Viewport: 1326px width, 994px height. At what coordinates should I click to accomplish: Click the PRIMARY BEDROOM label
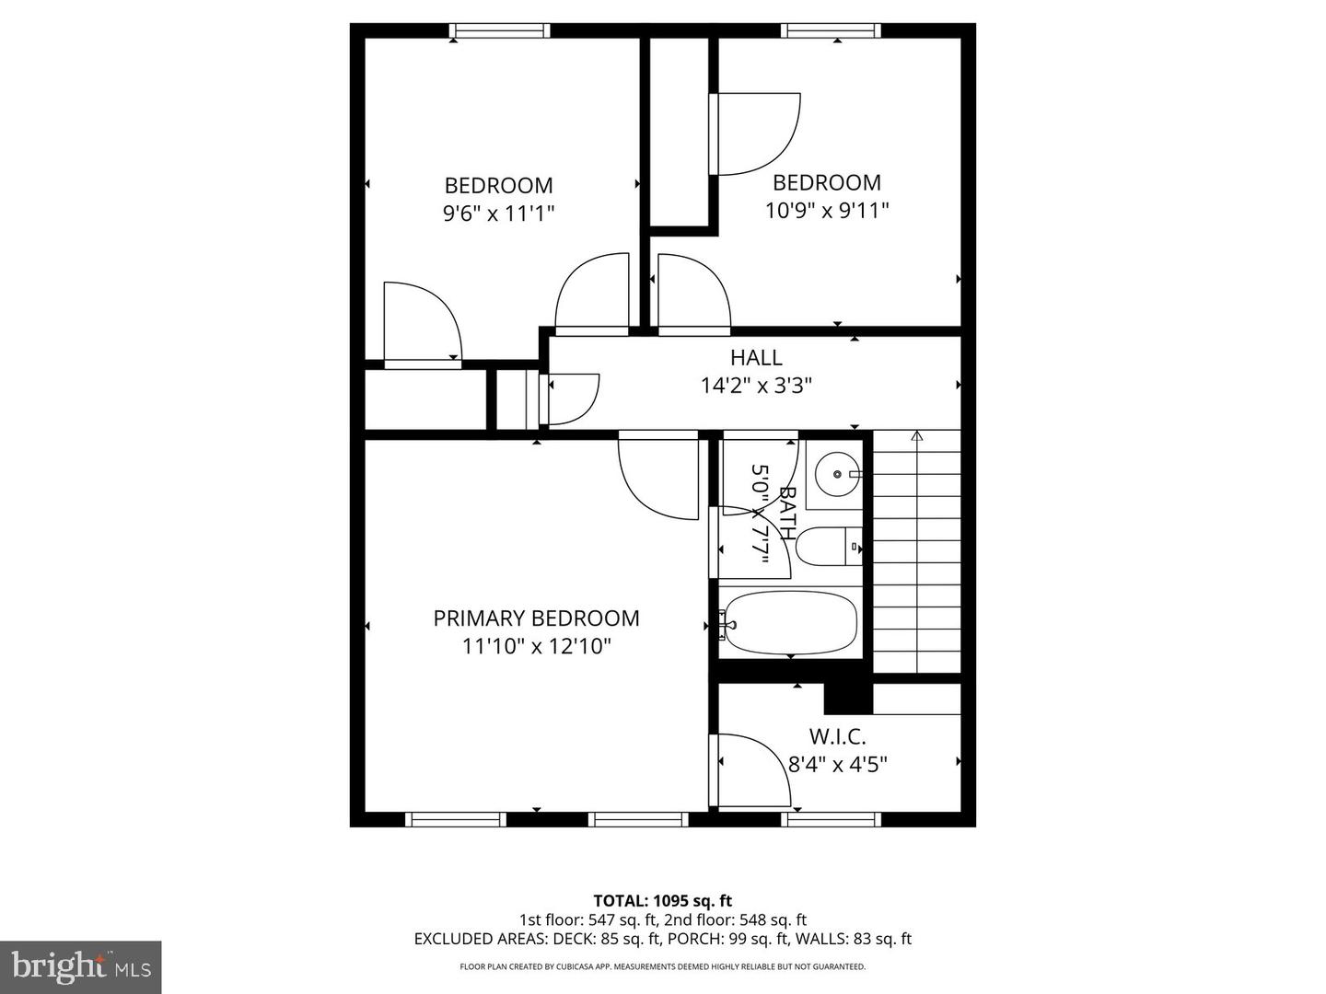536,618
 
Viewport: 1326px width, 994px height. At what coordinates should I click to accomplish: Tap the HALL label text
756,358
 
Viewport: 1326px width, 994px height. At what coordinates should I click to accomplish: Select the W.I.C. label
837,736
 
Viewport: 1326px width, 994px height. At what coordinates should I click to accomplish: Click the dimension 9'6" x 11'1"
498,214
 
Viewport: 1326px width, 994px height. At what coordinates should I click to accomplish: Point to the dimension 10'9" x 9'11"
827,211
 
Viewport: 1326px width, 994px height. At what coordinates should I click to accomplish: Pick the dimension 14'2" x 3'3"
756,385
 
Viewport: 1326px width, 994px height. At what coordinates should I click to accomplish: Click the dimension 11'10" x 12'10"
536,646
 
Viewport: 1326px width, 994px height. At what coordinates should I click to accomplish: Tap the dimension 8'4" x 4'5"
837,764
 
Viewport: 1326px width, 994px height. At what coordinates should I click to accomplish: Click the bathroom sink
836,474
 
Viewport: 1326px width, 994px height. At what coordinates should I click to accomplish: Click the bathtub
790,623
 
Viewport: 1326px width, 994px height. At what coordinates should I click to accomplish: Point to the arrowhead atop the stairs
916,436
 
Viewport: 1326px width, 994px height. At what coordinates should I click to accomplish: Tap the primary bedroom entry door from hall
657,475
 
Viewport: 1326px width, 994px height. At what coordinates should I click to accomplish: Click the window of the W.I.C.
832,819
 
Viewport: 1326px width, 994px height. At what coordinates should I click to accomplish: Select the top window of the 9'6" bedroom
499,31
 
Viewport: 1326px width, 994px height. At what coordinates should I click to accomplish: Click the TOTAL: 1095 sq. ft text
662,901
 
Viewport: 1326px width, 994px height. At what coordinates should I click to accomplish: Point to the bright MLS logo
80,966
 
